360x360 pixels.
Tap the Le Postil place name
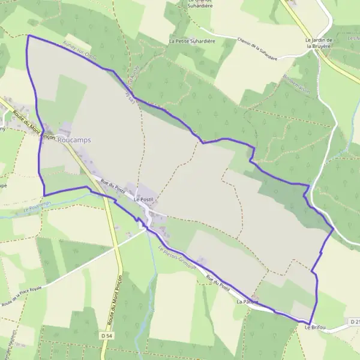point(144,199)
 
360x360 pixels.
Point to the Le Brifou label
point(315,328)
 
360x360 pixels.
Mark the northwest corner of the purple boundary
point(28,35)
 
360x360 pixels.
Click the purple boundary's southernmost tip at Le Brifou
point(311,324)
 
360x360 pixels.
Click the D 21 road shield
point(354,323)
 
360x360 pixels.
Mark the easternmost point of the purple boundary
point(333,229)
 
